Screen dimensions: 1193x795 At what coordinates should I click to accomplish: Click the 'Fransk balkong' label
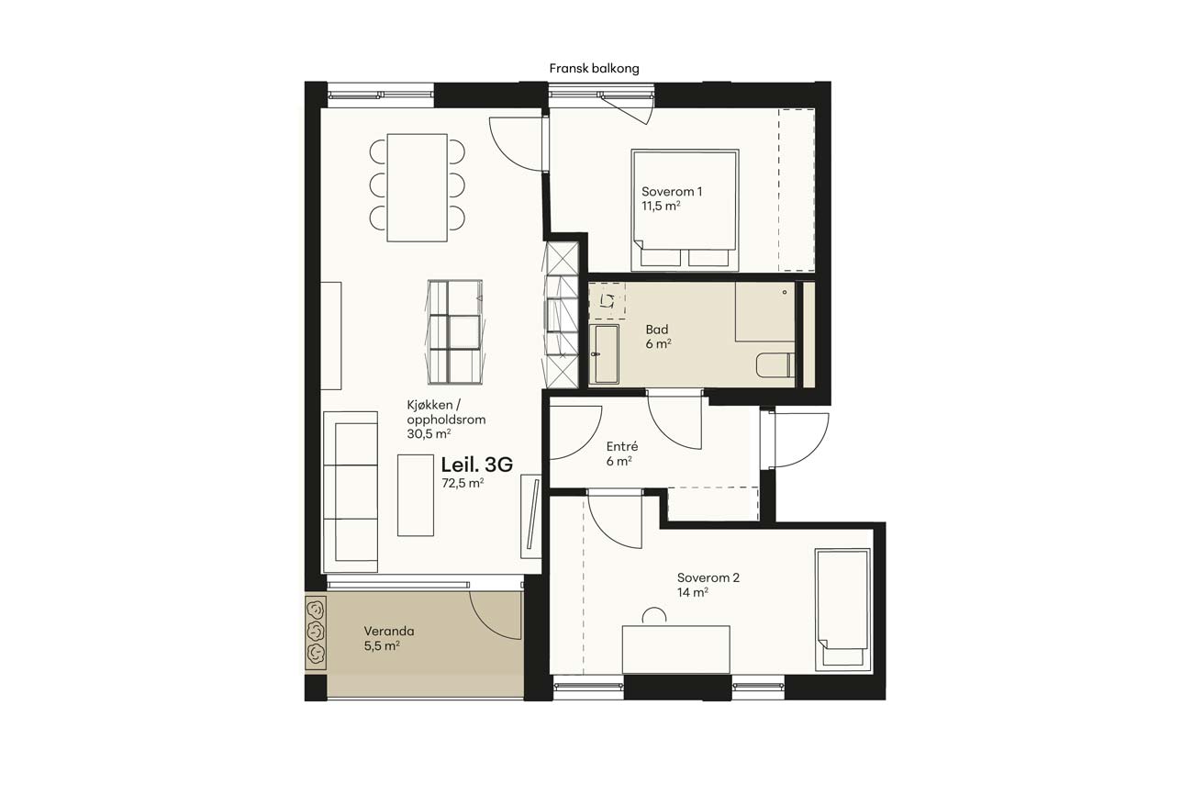[x=594, y=69]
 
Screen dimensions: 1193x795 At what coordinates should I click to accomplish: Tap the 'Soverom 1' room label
[x=672, y=192]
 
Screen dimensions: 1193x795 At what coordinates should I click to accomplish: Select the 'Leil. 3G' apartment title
[x=476, y=465]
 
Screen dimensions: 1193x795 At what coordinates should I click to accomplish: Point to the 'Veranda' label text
[x=389, y=631]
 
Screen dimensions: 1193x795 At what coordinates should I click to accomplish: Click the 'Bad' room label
[x=657, y=330]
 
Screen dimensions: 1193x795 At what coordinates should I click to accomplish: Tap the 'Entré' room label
[x=622, y=446]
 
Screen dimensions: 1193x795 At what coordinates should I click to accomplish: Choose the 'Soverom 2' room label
[x=708, y=577]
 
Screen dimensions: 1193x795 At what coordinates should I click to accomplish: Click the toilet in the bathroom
[x=775, y=365]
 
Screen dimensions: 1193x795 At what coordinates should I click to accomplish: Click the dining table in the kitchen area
[x=417, y=187]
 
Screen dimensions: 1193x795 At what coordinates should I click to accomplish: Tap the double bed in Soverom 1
[x=685, y=210]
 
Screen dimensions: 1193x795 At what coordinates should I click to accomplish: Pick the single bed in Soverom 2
[x=842, y=609]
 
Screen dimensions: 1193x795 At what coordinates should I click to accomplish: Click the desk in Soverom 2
[x=675, y=650]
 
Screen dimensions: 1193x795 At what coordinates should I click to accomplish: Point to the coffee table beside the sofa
[x=416, y=495]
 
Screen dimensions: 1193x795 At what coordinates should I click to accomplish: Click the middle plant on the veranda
[x=317, y=632]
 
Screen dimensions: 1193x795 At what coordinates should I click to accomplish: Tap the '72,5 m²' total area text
[x=463, y=483]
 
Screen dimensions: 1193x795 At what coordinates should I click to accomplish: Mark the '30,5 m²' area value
[x=429, y=433]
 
